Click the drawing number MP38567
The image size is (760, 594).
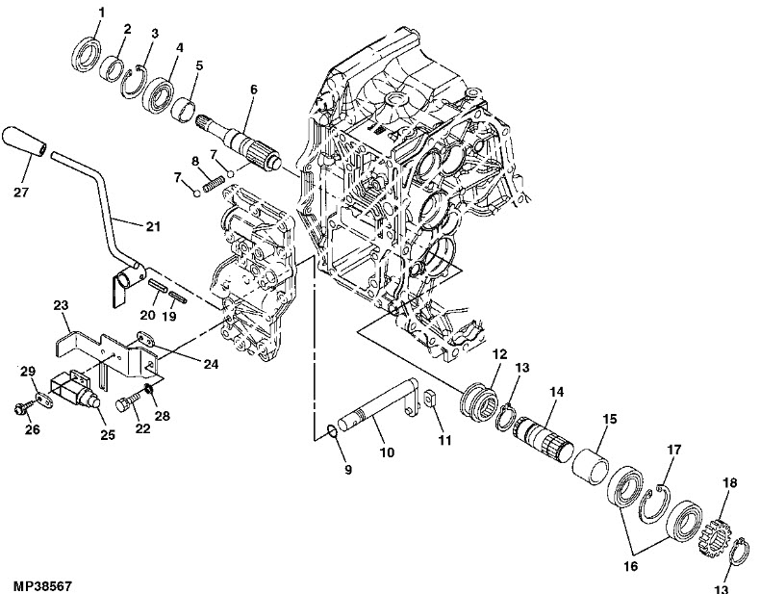(x=43, y=584)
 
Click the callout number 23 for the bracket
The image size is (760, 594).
(x=61, y=305)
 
